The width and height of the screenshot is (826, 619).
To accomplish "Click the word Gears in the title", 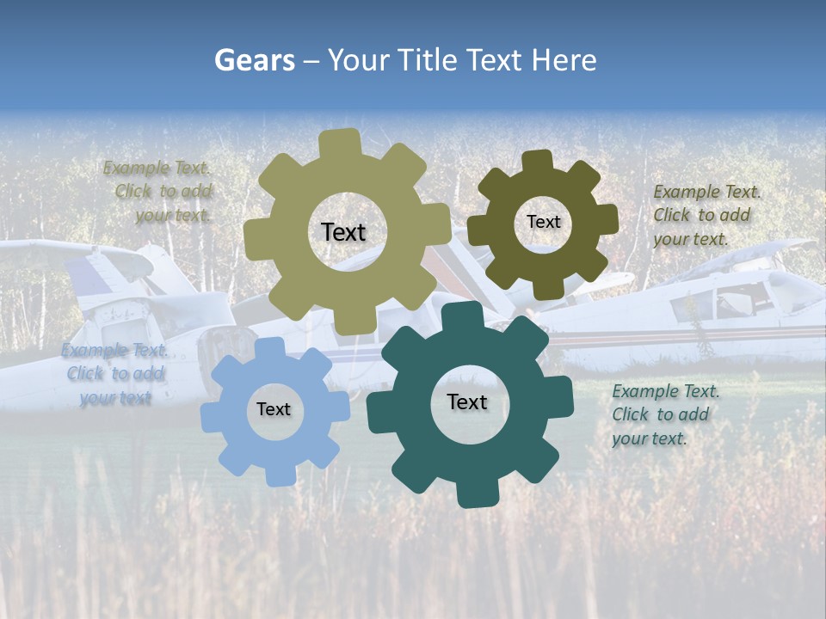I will (252, 60).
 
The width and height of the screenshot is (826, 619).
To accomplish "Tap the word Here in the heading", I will (564, 60).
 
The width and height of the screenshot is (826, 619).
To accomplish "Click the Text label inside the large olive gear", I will (343, 232).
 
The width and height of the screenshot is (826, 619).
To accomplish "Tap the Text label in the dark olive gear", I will (543, 222).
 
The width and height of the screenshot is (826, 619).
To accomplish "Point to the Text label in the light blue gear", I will (274, 410).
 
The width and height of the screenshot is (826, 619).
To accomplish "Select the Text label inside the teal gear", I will (467, 402).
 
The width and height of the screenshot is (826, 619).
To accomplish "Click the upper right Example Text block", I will (706, 215).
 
